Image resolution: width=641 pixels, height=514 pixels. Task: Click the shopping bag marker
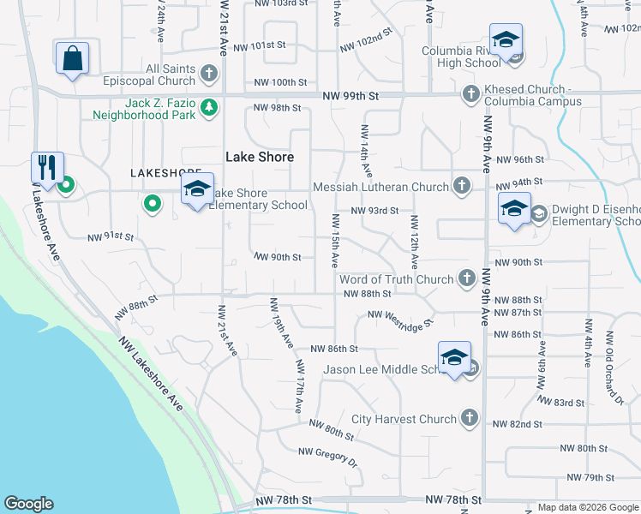pyautogui.click(x=73, y=59)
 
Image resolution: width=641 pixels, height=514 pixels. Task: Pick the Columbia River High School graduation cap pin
pyautogui.click(x=506, y=41)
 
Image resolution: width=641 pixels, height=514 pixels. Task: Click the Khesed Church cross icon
pyautogui.click(x=470, y=94)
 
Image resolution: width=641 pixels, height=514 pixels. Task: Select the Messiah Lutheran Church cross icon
pyautogui.click(x=461, y=186)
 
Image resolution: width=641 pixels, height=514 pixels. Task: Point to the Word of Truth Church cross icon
pyautogui.click(x=467, y=278)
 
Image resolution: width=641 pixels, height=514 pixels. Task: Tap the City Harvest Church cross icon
pyautogui.click(x=468, y=418)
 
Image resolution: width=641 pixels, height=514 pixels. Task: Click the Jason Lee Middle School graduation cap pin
pyautogui.click(x=454, y=358)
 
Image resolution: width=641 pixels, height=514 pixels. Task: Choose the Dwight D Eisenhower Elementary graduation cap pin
pyautogui.click(x=513, y=210)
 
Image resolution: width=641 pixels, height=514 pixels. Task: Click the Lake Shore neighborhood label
pyautogui.click(x=260, y=157)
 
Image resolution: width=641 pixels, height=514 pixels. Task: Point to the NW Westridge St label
pyautogui.click(x=401, y=318)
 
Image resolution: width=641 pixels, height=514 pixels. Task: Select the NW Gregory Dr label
pyautogui.click(x=327, y=457)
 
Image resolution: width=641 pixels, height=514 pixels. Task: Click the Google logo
pyautogui.click(x=28, y=504)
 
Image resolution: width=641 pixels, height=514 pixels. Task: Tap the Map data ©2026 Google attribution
pyautogui.click(x=587, y=507)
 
